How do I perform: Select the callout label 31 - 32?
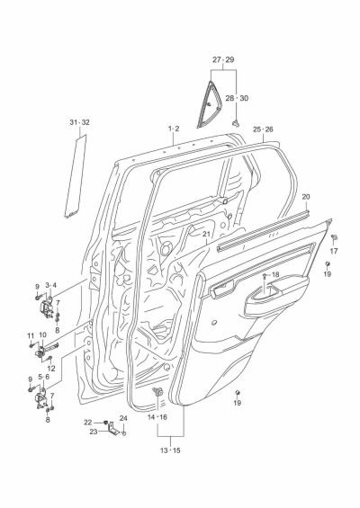point(79,121)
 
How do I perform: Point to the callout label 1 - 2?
point(174,129)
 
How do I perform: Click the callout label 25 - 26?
point(263,129)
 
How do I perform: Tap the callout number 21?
point(206,236)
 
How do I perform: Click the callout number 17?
point(333,252)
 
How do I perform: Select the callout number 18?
point(275,275)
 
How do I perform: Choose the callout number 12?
point(50,369)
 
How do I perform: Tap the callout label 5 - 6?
point(43,378)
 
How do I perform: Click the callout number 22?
point(88,422)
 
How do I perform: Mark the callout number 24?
point(123,418)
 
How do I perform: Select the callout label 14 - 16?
point(157,418)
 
